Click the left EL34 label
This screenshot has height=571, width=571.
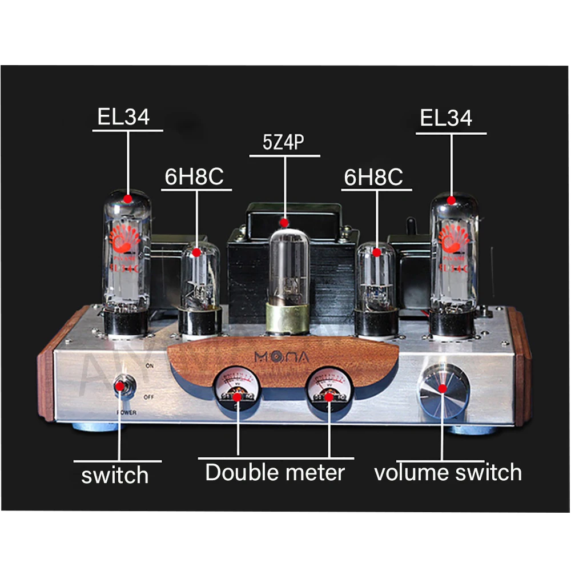click(x=123, y=116)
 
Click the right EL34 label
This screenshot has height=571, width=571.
click(x=447, y=118)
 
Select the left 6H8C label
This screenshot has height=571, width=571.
click(x=194, y=177)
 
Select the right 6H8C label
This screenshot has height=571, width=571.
click(x=373, y=177)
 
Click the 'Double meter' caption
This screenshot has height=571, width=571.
click(x=275, y=473)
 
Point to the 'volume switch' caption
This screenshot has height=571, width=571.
click(x=448, y=473)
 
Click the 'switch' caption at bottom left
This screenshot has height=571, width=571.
click(x=115, y=475)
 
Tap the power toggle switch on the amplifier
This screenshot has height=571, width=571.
click(x=120, y=385)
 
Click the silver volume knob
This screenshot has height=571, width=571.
click(x=444, y=389)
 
